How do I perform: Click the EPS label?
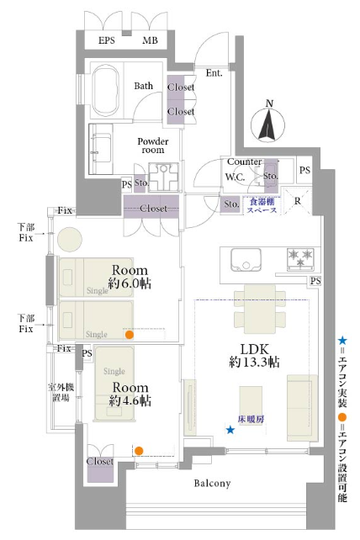[x=107, y=40]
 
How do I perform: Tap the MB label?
[x=150, y=40]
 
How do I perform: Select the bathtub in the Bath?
[x=106, y=92]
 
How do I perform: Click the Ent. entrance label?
[x=214, y=73]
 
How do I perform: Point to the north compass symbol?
[x=268, y=122]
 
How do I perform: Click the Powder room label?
[x=153, y=146]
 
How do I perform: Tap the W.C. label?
[x=235, y=177]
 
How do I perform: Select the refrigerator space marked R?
[x=297, y=201]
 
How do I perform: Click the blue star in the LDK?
[x=230, y=430]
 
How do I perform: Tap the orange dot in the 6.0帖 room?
[x=130, y=335]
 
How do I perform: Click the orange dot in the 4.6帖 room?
[x=139, y=451]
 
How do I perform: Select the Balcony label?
[x=212, y=483]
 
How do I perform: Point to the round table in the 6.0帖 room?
[x=70, y=239]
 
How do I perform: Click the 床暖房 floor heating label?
[x=251, y=419]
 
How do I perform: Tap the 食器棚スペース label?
[x=262, y=205]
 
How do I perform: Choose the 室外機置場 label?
[x=61, y=392]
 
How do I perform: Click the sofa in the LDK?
[x=302, y=408]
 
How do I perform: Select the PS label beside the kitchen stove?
[x=315, y=281]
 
